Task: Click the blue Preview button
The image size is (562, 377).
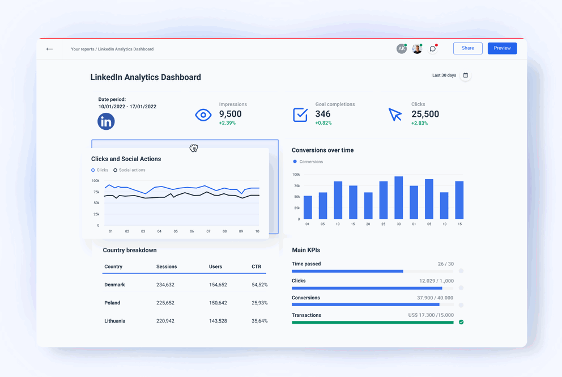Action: pyautogui.click(x=502, y=48)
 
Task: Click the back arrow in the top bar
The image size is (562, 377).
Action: pyautogui.click(x=50, y=49)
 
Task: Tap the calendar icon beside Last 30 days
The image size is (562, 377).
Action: pyautogui.click(x=466, y=75)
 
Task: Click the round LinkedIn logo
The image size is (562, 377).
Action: pyautogui.click(x=106, y=121)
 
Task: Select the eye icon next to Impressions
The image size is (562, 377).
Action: pyautogui.click(x=203, y=115)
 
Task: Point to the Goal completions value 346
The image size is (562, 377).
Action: pyautogui.click(x=323, y=115)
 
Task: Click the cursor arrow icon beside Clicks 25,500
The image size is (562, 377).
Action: pyautogui.click(x=395, y=115)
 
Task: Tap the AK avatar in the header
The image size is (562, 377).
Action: pyautogui.click(x=401, y=49)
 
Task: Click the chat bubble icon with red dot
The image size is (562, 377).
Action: pyautogui.click(x=433, y=49)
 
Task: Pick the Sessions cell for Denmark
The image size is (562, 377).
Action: pyautogui.click(x=165, y=285)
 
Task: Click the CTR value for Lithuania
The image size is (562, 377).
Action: pyautogui.click(x=259, y=321)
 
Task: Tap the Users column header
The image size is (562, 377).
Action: pyautogui.click(x=215, y=266)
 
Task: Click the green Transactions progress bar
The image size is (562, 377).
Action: pyautogui.click(x=372, y=322)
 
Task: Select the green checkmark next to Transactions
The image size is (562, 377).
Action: pyautogui.click(x=461, y=322)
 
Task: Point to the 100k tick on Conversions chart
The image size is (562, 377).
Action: pyautogui.click(x=296, y=175)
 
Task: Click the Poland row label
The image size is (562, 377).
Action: pyautogui.click(x=112, y=303)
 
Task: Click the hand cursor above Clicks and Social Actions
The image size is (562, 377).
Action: pyautogui.click(x=194, y=149)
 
